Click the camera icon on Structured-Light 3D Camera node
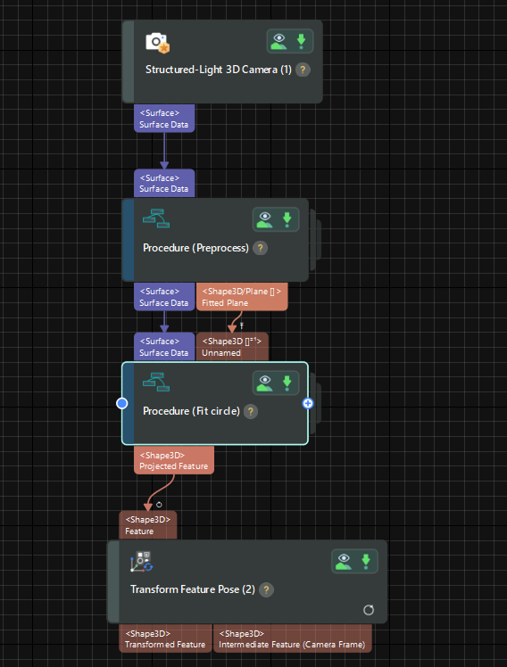click(x=157, y=42)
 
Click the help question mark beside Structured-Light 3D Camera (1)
click(x=303, y=70)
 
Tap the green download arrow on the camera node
click(x=301, y=41)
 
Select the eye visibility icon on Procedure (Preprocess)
click(x=265, y=218)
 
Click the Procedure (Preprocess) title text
click(x=195, y=248)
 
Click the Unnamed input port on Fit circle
click(x=232, y=347)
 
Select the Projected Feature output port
click(x=174, y=460)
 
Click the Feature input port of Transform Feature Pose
click(x=148, y=524)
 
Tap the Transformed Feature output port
click(x=165, y=638)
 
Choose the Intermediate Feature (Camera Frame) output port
click(x=291, y=638)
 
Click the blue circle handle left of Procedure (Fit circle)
click(x=122, y=403)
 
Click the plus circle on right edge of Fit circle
click(x=308, y=403)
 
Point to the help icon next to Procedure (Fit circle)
click(x=251, y=411)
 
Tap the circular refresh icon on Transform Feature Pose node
click(x=369, y=611)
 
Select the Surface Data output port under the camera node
click(x=164, y=119)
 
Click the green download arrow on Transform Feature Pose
click(x=365, y=560)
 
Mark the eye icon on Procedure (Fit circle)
click(x=265, y=383)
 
